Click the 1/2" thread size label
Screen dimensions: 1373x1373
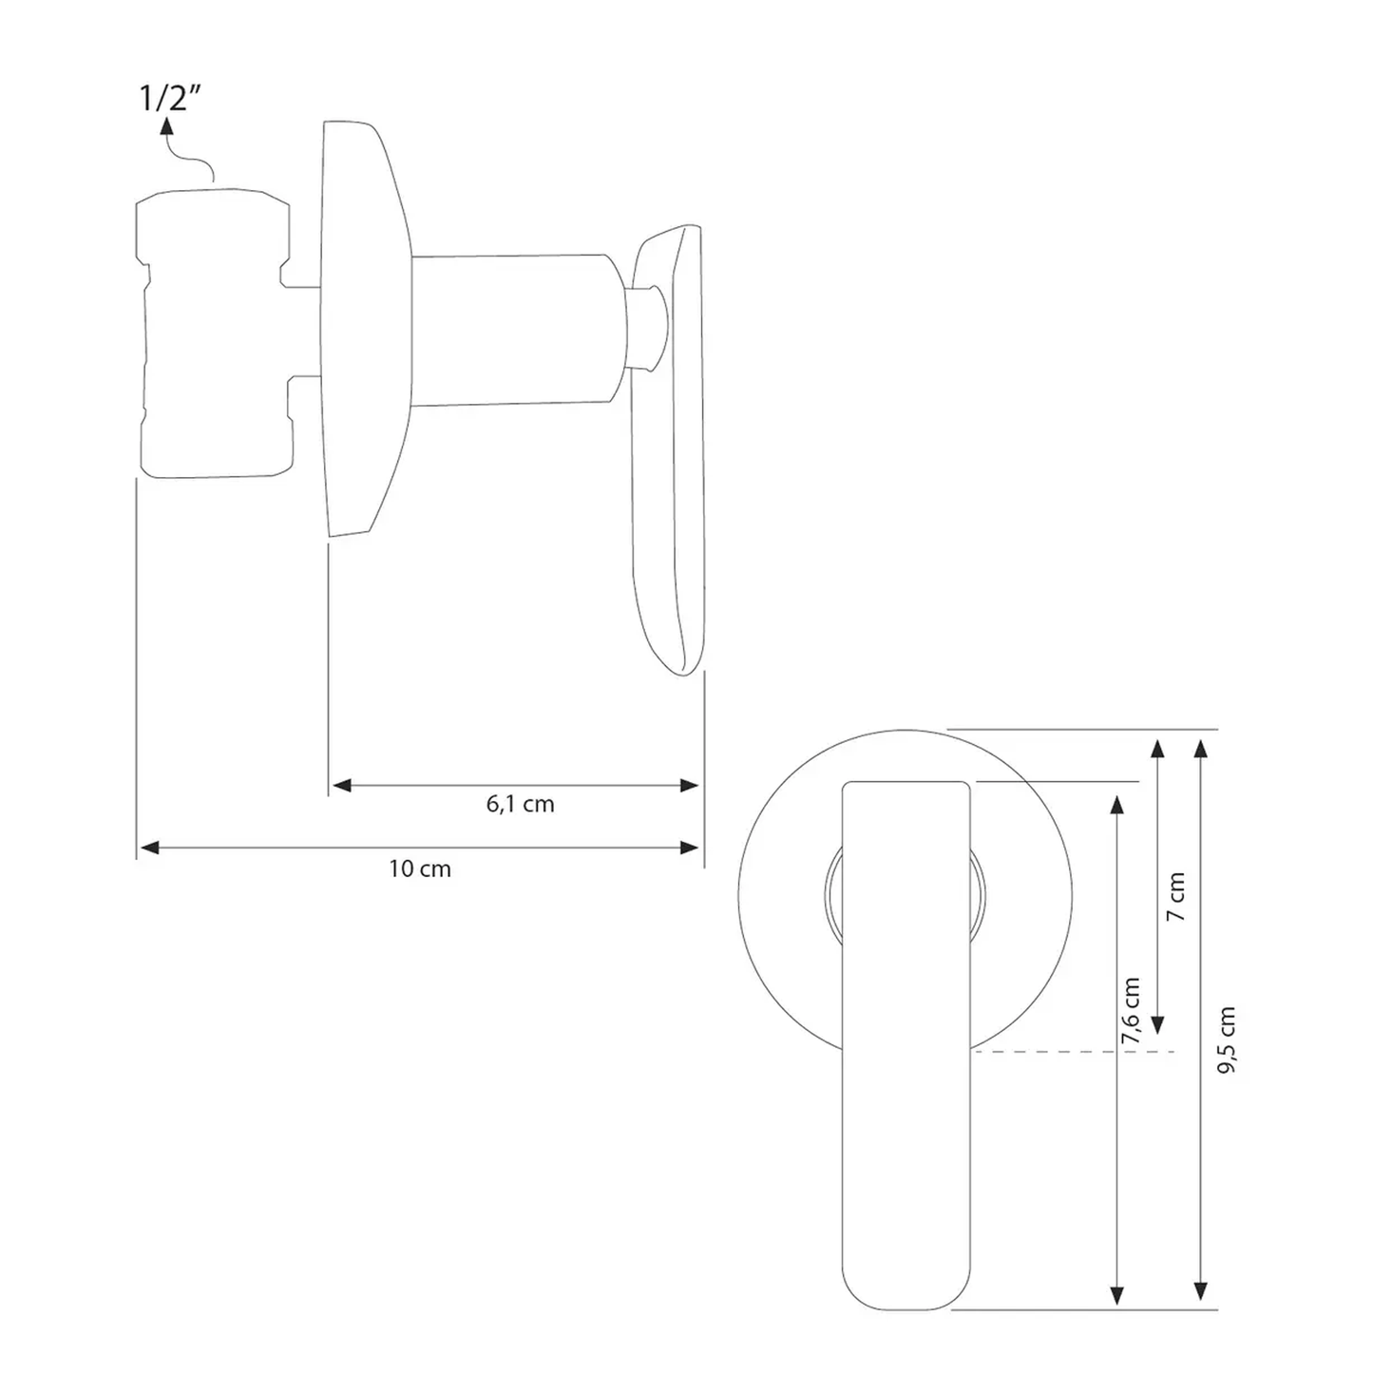(168, 97)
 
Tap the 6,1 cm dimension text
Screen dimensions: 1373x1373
(520, 805)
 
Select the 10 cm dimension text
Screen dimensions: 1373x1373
(420, 868)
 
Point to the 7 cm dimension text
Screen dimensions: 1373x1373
(1177, 896)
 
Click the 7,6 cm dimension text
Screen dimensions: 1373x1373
(1132, 1010)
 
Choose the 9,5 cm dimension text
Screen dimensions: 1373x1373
(1227, 1041)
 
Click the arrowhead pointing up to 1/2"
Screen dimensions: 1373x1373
(166, 125)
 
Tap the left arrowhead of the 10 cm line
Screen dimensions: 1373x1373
(149, 848)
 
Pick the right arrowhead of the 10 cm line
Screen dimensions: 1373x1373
(689, 848)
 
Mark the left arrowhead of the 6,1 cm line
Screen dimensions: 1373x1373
(343, 785)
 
